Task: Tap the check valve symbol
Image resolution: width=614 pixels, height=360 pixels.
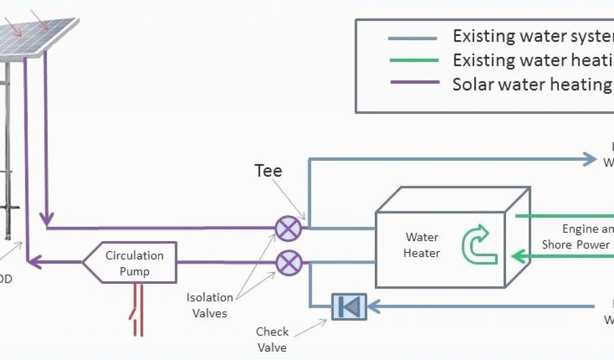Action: (x=348, y=307)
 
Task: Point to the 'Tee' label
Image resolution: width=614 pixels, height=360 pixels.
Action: (x=268, y=170)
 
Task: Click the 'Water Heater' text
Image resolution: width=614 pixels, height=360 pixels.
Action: (x=422, y=245)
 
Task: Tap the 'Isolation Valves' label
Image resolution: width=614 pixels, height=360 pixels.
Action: (x=210, y=305)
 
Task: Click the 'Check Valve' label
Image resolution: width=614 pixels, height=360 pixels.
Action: (x=272, y=340)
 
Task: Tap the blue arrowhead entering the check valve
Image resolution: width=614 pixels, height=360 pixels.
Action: (x=372, y=307)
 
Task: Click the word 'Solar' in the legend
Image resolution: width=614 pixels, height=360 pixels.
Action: (x=471, y=83)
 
